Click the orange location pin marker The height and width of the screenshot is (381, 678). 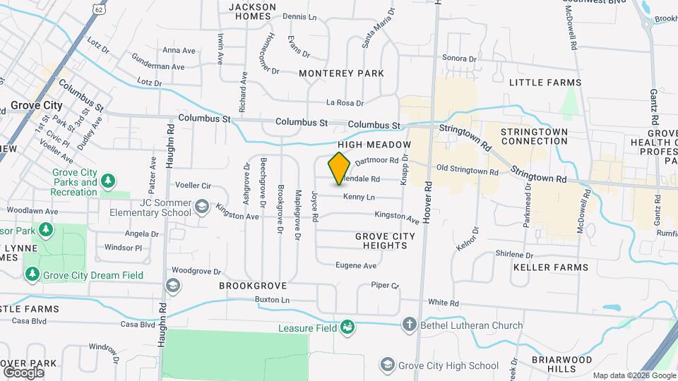point(339,168)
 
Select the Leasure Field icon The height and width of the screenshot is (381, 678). point(347,327)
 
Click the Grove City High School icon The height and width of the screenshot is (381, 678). point(386,365)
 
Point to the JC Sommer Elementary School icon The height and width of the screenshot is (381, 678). point(202,207)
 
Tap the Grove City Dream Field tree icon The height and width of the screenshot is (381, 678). point(32,274)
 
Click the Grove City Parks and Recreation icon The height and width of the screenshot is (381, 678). point(108,182)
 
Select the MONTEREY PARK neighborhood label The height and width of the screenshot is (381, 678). point(341,73)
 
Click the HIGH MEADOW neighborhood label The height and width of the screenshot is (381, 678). point(379,145)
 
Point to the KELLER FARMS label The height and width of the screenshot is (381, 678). point(551,267)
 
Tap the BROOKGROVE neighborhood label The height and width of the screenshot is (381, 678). point(253,286)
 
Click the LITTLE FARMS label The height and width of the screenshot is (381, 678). point(545,83)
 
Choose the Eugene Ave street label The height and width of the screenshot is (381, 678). point(356,266)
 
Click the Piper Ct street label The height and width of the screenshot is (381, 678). point(385,286)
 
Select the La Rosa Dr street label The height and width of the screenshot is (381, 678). point(345,103)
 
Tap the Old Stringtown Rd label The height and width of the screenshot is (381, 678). point(468,170)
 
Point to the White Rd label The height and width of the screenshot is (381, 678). point(444,303)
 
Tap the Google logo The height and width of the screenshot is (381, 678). point(23,372)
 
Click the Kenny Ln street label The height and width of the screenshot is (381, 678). point(359,197)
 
